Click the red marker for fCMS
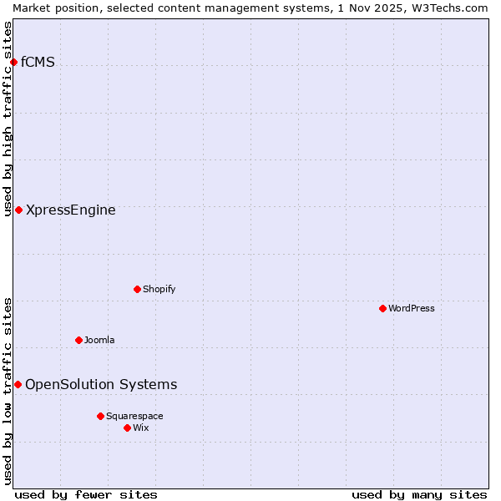[13, 62]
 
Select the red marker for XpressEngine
[18, 210]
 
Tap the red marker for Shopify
[137, 289]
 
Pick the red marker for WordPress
[382, 308]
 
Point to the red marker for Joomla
[78, 340]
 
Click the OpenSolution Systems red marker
[18, 384]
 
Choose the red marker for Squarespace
[100, 416]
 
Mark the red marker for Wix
[127, 428]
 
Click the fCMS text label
[38, 62]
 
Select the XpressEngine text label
[71, 210]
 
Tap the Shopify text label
[159, 289]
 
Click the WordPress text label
[412, 308]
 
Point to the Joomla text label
[99, 340]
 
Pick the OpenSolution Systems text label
[101, 385]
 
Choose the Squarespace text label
[134, 416]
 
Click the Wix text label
[141, 428]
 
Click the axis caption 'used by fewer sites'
[86, 494]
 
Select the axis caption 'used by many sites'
[419, 494]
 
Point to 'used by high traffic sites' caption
[8, 119]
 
